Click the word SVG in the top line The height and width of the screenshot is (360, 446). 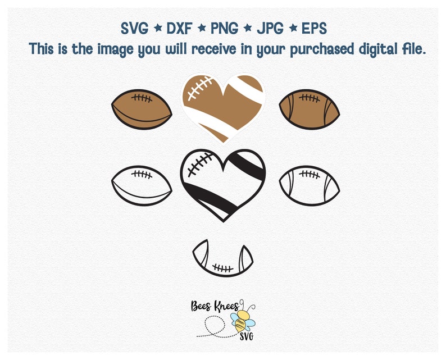(134, 28)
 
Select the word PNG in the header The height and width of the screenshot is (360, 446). (225, 28)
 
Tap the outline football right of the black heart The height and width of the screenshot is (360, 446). (310, 184)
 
